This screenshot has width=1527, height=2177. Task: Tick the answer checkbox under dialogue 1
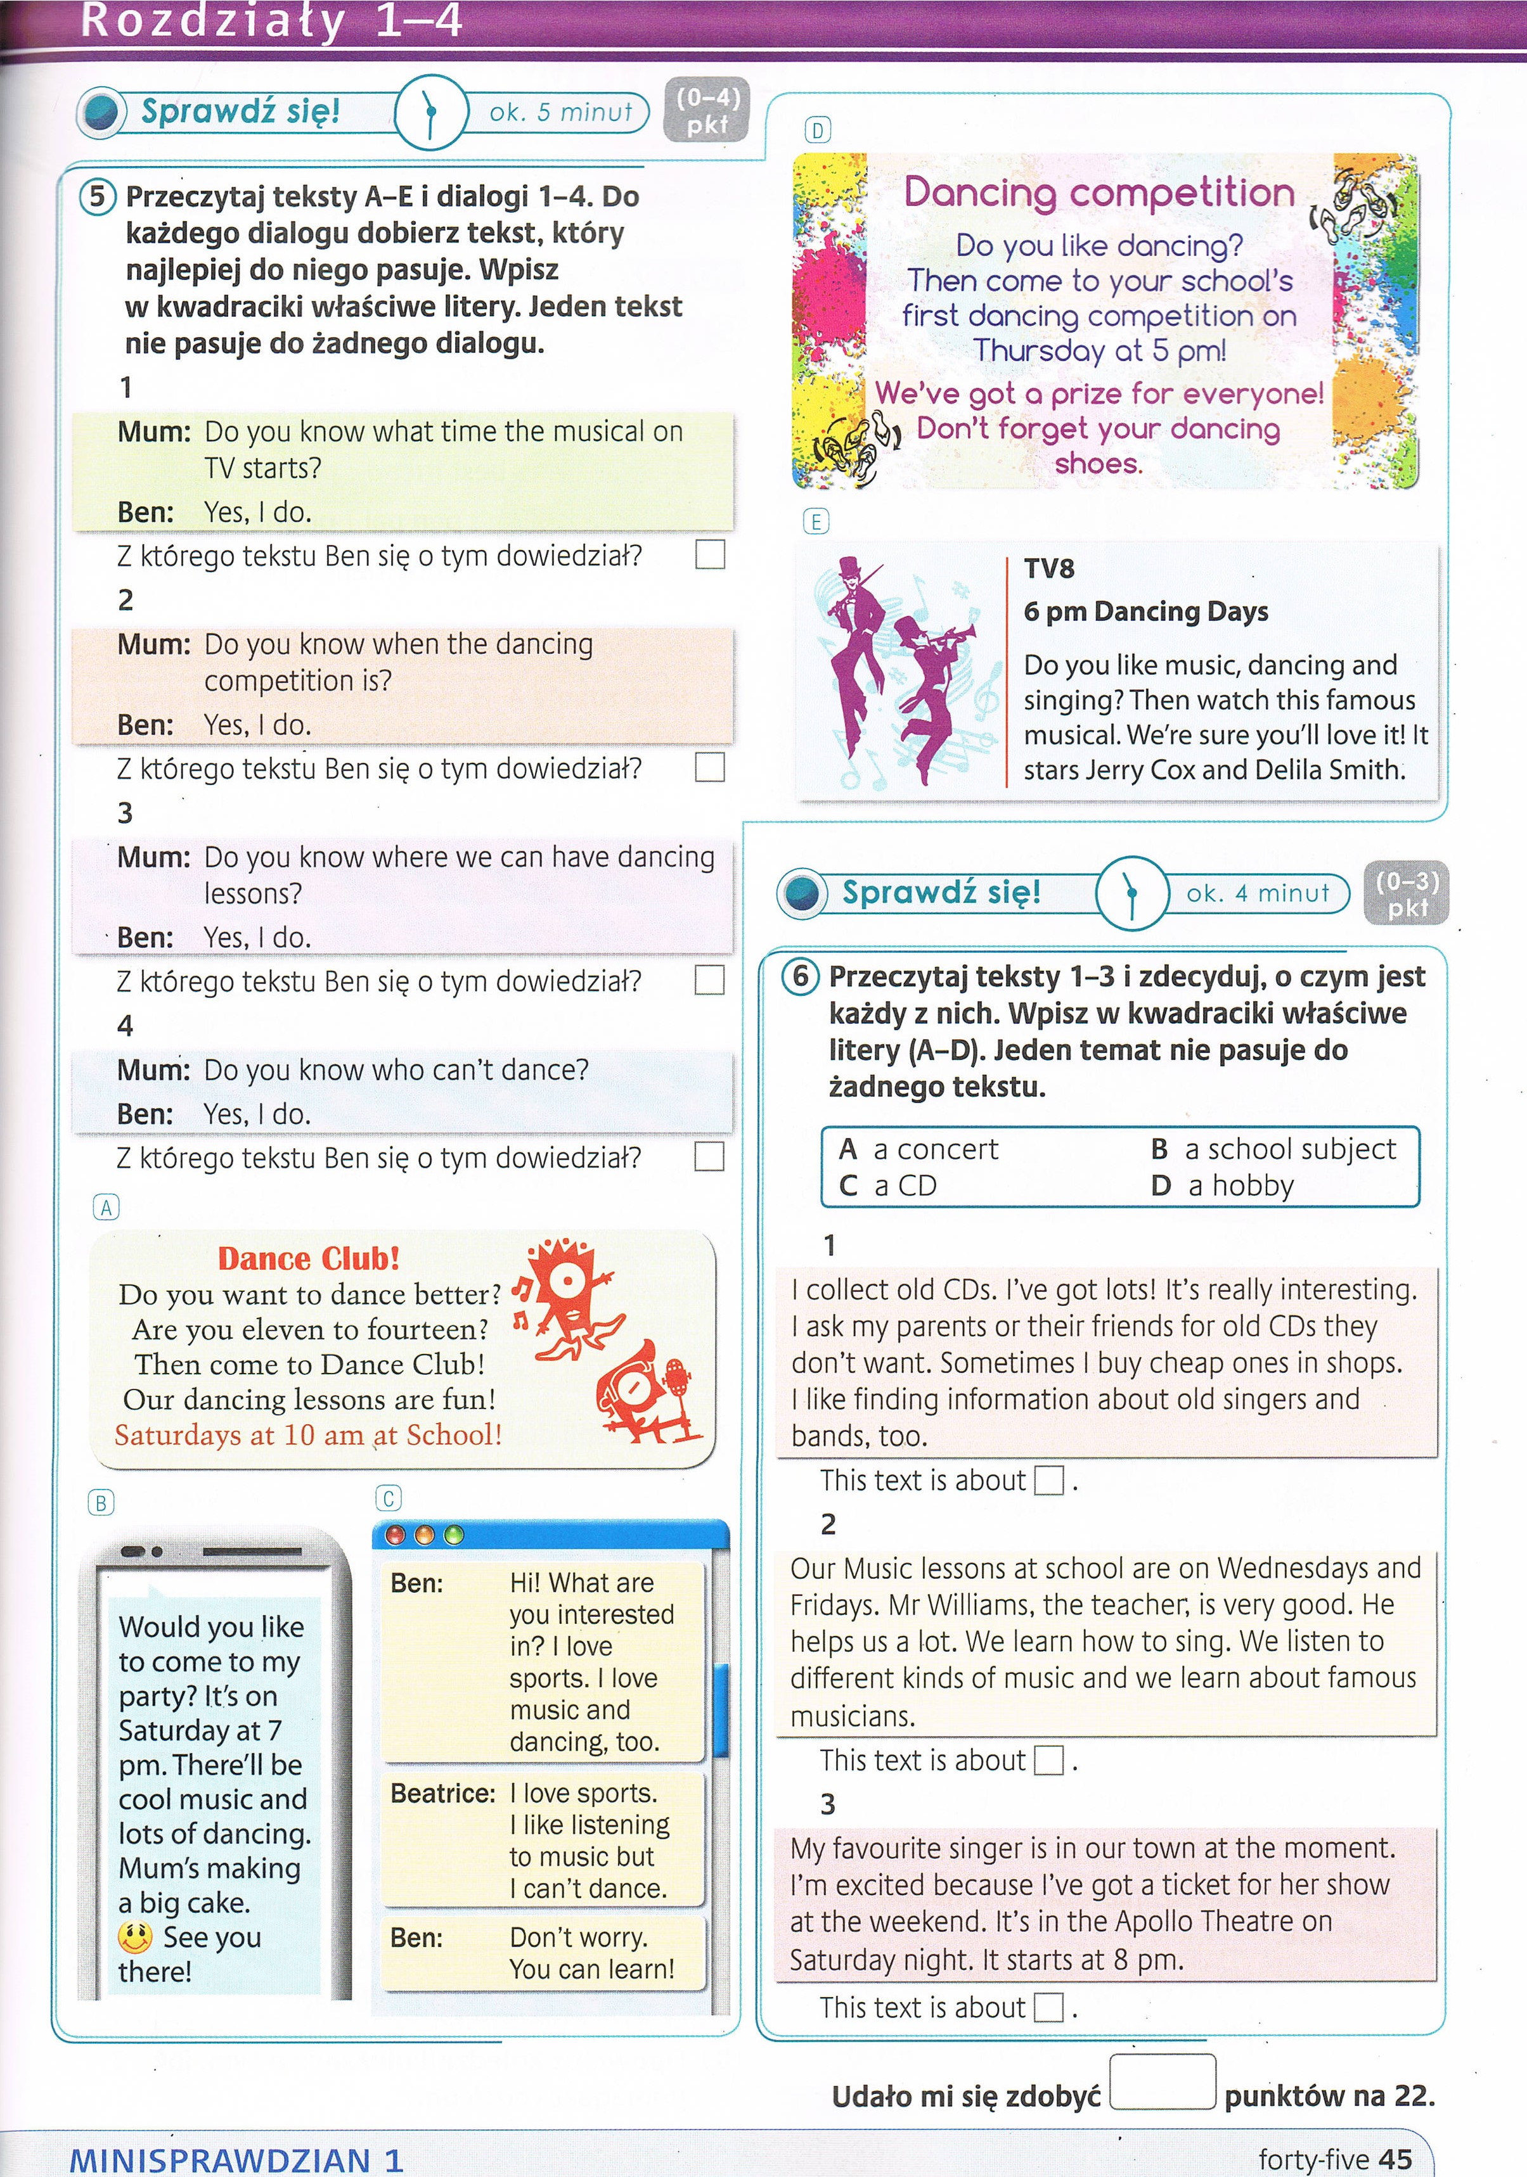point(709,554)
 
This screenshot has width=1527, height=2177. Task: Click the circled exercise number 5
point(98,197)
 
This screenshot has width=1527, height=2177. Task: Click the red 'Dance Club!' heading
point(309,1258)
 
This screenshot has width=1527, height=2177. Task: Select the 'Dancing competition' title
point(1099,193)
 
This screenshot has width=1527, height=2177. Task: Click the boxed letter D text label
point(816,130)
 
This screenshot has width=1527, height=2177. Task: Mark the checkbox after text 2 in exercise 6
point(1048,1761)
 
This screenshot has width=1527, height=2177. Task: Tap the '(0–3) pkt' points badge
point(1407,893)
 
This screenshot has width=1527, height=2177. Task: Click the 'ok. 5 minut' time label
point(560,113)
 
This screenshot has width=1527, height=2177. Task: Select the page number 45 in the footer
point(1395,2159)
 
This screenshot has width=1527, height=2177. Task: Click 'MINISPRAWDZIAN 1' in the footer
point(236,2159)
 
